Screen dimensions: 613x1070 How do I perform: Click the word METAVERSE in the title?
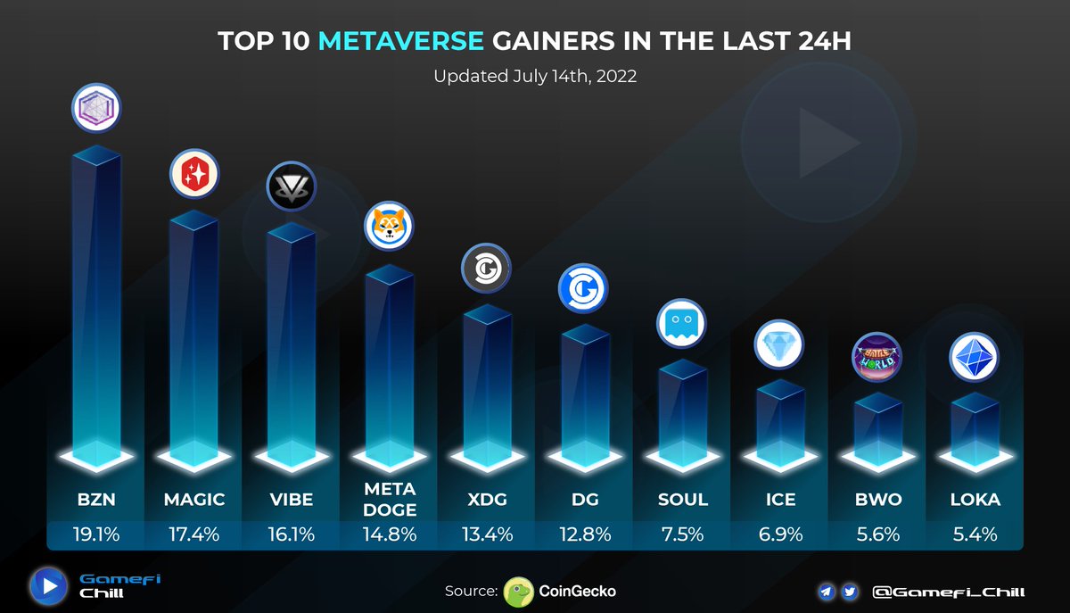pos(401,41)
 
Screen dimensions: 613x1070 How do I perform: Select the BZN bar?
pos(95,303)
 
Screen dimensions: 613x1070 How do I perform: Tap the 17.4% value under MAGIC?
pos(194,534)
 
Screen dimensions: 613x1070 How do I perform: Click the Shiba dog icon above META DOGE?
pos(389,225)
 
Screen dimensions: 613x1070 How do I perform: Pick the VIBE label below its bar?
pos(292,500)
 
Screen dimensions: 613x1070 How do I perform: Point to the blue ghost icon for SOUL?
pos(681,323)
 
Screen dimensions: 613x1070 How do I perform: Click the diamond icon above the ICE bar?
pos(779,344)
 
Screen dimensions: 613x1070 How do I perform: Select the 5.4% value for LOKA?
pos(975,534)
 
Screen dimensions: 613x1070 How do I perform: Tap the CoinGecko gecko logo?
pos(519,591)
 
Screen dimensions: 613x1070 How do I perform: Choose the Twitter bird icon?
pos(849,592)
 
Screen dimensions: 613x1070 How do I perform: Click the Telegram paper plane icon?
pos(827,592)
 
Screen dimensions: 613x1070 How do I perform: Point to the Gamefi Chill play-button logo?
pos(49,586)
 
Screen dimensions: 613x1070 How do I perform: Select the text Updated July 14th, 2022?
pos(535,76)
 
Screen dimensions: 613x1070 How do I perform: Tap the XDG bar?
pos(487,384)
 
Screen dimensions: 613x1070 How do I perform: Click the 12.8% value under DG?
pos(585,534)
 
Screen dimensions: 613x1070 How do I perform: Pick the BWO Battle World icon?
pos(877,357)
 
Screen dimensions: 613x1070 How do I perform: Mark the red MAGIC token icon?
pos(194,173)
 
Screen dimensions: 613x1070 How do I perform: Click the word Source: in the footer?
pos(471,591)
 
